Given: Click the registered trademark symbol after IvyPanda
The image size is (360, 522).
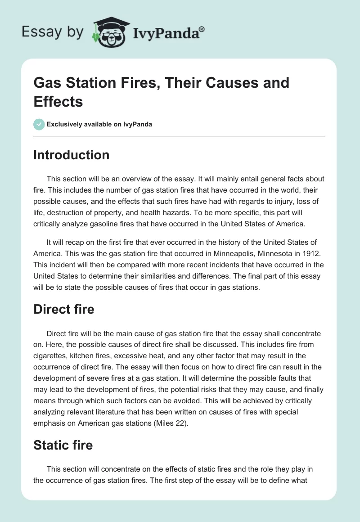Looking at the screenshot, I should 202,29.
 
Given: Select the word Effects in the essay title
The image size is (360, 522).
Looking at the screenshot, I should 58,101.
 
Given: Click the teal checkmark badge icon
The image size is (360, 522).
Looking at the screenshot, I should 39,124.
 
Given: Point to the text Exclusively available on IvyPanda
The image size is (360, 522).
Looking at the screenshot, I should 99,124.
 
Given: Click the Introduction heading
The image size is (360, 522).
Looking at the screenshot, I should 72,155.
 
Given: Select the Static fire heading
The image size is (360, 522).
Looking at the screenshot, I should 63,445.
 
